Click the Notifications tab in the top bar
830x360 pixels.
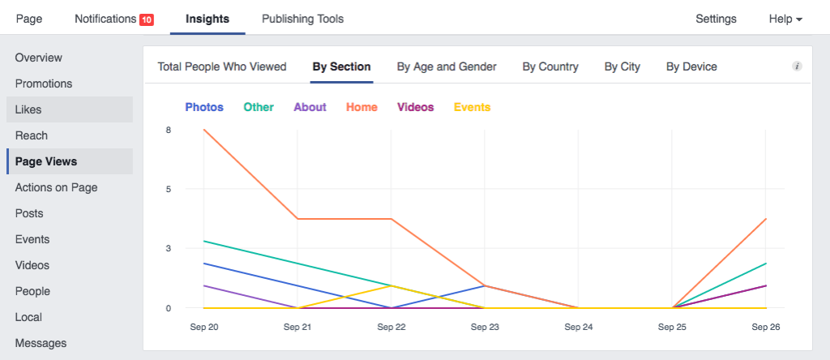104,19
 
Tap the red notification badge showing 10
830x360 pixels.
147,19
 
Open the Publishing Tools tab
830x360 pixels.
302,19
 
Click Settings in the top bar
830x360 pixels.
716,19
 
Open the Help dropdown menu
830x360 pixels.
785,19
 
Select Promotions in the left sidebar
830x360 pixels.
44,84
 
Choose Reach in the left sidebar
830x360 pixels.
32,135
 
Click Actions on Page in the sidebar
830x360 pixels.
56,187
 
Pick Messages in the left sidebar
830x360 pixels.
41,343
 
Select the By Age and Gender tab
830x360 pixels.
447,66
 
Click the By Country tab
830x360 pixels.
550,66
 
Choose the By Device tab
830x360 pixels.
691,66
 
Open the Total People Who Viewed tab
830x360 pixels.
222,66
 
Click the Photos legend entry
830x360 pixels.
204,107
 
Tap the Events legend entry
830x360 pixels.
472,107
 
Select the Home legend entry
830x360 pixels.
362,107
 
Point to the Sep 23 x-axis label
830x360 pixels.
485,327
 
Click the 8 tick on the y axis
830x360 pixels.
168,130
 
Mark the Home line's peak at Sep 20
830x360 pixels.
204,130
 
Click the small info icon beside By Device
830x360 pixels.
797,66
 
